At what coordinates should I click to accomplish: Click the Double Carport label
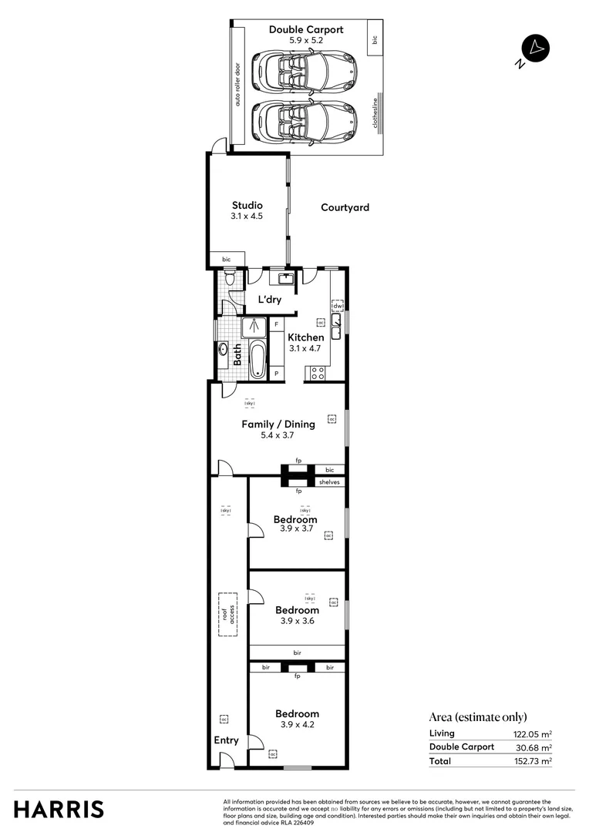pos(306,30)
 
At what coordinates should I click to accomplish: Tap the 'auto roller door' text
pos(237,85)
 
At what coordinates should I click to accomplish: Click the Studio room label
pos(247,206)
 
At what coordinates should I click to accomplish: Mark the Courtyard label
pos(345,207)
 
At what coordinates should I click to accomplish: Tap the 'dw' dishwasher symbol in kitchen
pos(337,307)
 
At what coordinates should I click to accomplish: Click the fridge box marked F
pos(277,325)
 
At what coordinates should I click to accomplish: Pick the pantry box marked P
pos(277,374)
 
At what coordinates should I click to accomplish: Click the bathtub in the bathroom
pos(257,359)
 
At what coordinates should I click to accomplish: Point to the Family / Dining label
pos(278,424)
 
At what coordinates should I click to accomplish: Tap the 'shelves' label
pos(329,482)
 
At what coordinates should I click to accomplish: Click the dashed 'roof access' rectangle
pos(227,614)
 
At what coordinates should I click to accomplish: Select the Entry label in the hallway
pos(226,740)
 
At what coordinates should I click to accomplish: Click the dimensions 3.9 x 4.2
pos(297,725)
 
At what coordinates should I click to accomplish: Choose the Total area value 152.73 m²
pos(533,761)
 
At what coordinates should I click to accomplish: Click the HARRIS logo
pos(59,810)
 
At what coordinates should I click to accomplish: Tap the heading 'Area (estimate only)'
pos(478,717)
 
